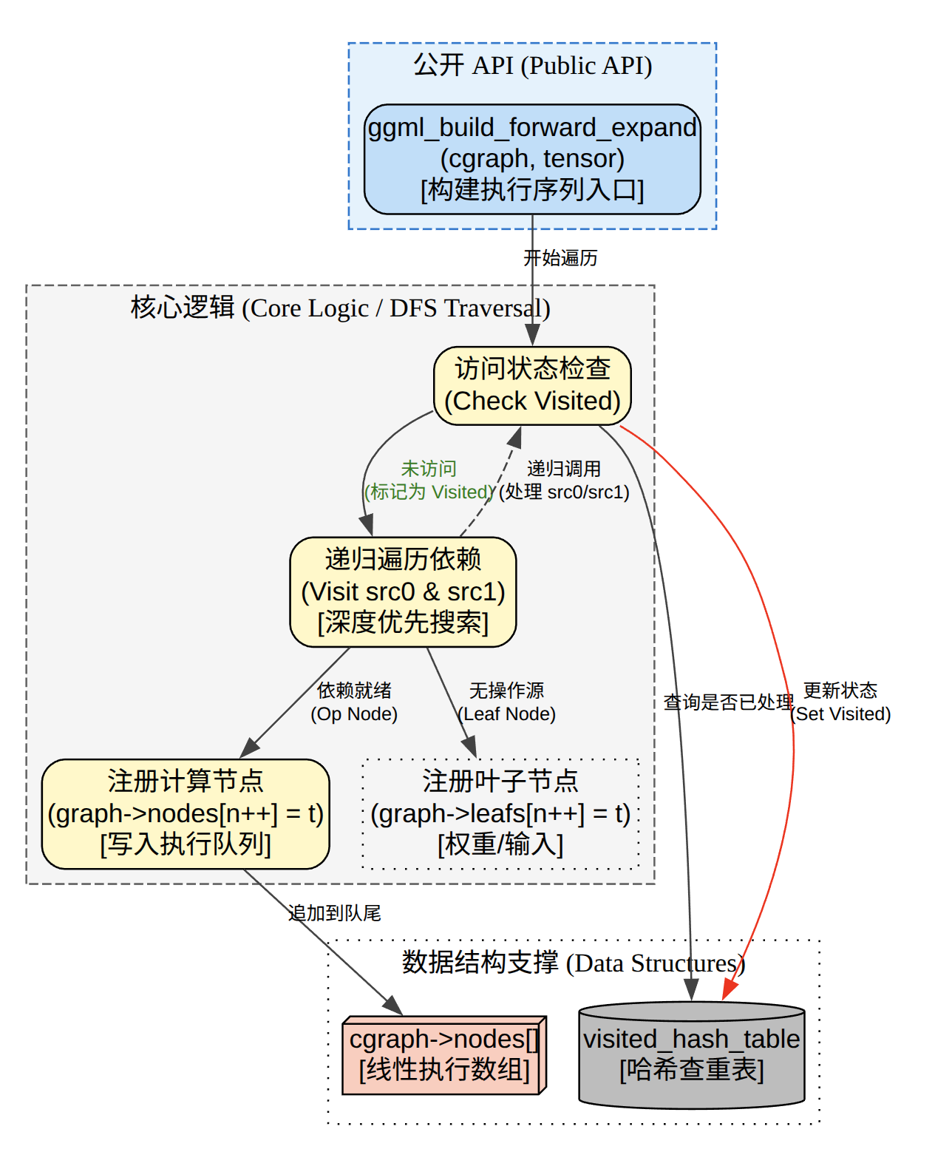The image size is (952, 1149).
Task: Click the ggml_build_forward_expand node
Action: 532,159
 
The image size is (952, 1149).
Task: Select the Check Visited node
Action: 532,385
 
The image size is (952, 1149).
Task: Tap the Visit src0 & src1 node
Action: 403,592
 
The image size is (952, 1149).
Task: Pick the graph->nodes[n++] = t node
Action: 186,813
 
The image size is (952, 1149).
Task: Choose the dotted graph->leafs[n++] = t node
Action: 500,813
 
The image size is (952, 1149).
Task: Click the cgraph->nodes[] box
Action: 444,1055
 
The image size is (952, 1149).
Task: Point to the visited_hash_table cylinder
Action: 691,1055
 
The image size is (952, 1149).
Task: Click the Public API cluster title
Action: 532,65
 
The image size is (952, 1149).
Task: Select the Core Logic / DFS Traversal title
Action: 340,308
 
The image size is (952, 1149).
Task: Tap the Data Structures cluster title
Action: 574,963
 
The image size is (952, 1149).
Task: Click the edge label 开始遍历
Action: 560,258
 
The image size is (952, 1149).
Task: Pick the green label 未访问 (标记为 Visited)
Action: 429,481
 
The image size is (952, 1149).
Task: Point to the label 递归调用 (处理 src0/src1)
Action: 564,481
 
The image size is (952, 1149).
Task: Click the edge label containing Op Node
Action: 354,702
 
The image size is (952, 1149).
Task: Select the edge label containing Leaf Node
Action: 507,702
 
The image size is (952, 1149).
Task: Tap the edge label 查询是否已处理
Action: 729,702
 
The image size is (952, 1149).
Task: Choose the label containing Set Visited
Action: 840,702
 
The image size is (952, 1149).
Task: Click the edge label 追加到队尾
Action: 335,913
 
